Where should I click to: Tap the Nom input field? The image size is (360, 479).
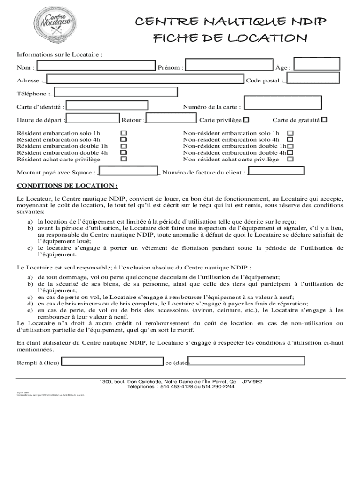96,67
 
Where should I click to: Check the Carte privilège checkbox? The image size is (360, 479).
246,120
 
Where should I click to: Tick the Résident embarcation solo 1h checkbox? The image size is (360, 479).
123,133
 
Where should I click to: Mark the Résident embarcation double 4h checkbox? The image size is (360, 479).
123,152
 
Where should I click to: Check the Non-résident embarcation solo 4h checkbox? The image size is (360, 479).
290,139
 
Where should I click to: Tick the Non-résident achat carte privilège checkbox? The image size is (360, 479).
290,159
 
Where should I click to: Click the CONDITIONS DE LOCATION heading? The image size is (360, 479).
67,185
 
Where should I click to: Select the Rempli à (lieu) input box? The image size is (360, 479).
113,362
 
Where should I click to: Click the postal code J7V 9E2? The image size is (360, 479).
252,382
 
